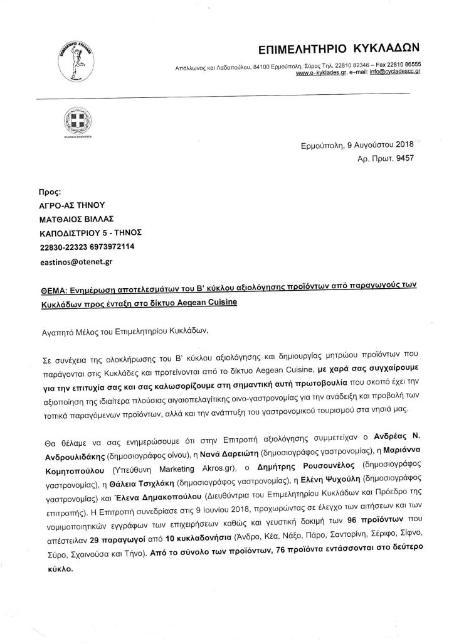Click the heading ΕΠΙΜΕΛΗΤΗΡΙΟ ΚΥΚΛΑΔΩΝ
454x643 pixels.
(344, 49)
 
